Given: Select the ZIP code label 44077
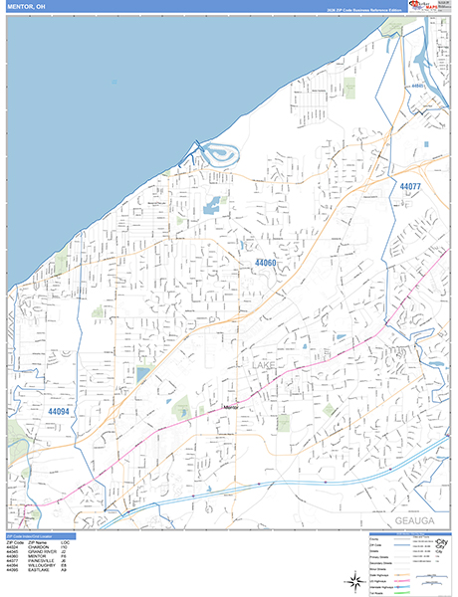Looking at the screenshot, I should pos(410,186).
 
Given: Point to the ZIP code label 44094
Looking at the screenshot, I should pos(58,411).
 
